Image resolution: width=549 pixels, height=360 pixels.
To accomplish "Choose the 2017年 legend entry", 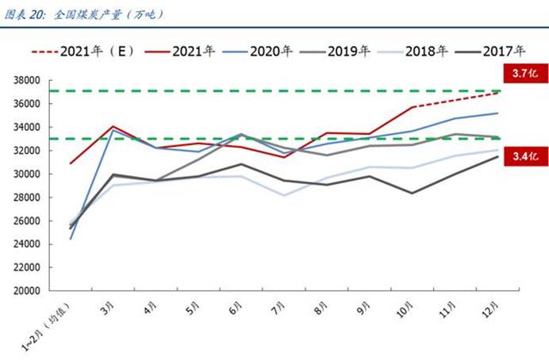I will click(509, 52).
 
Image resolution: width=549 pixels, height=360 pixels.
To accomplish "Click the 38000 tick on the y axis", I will click(27, 81).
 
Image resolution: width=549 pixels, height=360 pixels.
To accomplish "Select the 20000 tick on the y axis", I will click(27, 291).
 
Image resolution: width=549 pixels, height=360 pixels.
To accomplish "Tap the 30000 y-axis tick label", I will click(27, 174).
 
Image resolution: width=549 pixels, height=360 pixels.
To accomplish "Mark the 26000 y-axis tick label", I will click(27, 221).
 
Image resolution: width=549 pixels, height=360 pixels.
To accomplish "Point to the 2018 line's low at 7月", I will click(283, 195).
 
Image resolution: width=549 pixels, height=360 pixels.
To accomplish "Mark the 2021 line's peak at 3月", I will click(113, 126).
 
